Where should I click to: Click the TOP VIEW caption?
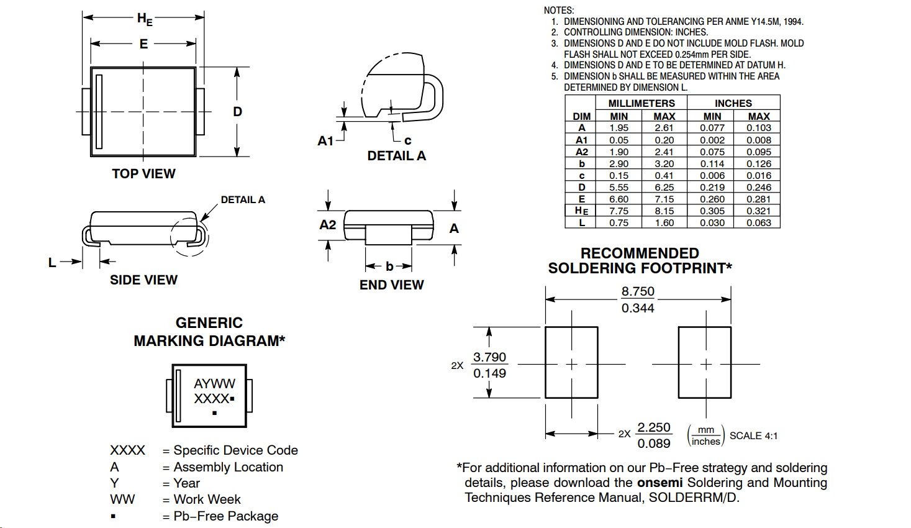point(143,174)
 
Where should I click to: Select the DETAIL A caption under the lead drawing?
point(396,156)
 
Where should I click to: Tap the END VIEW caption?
point(391,285)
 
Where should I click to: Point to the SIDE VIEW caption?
point(143,280)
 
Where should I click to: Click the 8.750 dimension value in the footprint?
point(638,291)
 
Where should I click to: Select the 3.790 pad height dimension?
point(489,357)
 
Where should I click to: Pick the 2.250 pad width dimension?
point(654,427)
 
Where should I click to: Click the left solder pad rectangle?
point(571,362)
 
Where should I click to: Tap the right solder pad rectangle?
point(704,362)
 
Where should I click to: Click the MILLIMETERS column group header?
point(641,103)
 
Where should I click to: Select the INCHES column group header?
point(733,103)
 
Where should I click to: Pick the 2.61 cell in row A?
point(664,128)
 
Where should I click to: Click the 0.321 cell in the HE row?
point(758,211)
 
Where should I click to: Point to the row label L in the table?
point(581,223)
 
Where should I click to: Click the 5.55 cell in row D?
point(619,188)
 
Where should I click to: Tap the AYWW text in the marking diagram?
point(214,384)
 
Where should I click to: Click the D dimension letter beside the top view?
point(237,112)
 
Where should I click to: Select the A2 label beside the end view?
point(327,225)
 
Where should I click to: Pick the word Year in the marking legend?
point(186,483)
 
